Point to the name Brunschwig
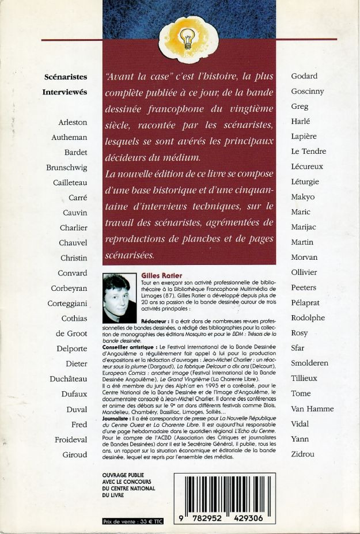click(66, 168)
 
